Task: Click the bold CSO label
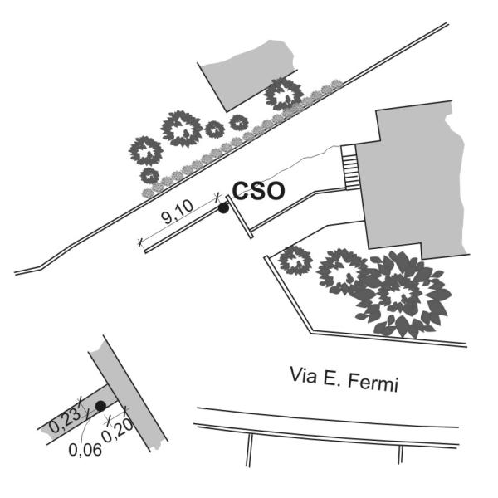tap(258, 191)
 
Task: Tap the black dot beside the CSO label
tap(223, 208)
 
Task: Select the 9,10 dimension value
tap(177, 212)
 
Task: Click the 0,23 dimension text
tap(66, 420)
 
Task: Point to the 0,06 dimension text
tap(85, 450)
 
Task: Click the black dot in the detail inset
tap(100, 406)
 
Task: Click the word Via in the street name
tap(303, 375)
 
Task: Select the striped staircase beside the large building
tap(349, 167)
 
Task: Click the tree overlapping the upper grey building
tap(284, 94)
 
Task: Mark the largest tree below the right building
tap(402, 294)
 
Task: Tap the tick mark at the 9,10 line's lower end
tap(140, 242)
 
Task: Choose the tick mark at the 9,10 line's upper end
tap(217, 197)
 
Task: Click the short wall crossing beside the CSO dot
tap(240, 217)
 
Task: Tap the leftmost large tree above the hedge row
tap(146, 151)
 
